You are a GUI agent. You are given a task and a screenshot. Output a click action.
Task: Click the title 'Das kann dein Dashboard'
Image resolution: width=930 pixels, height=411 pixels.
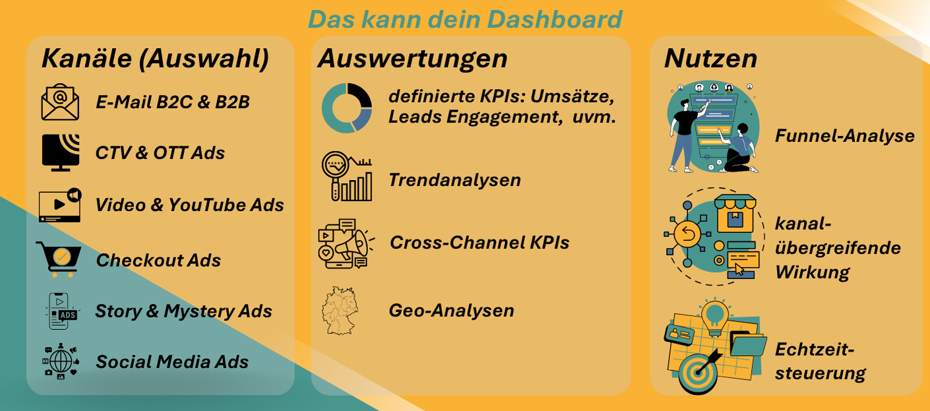[465, 19]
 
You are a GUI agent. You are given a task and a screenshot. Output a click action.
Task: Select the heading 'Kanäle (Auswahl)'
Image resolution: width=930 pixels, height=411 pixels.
[155, 58]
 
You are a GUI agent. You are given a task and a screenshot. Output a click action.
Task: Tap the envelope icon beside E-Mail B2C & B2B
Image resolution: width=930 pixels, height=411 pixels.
[60, 102]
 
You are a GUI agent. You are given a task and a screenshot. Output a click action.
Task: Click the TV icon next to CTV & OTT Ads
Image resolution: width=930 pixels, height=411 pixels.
[61, 152]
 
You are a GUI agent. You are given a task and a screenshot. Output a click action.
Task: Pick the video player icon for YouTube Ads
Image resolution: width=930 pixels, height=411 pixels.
[60, 205]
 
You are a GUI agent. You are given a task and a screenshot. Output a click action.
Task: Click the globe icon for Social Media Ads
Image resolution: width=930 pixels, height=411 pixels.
[61, 361]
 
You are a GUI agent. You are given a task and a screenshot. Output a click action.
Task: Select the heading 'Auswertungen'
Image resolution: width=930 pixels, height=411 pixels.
[413, 58]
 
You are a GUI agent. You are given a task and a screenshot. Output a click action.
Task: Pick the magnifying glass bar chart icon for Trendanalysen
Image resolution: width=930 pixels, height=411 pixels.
[347, 176]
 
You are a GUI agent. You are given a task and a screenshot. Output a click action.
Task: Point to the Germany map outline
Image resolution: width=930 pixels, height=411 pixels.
[340, 311]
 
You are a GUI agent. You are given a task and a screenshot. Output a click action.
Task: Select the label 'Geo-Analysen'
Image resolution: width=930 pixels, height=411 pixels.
[451, 311]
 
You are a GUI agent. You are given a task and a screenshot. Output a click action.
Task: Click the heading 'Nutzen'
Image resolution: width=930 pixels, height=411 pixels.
[711, 58]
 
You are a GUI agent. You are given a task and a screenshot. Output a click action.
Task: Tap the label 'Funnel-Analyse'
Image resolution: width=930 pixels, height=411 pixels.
[844, 136]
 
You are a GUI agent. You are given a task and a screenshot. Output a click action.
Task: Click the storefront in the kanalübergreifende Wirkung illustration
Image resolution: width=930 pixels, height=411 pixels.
[735, 214]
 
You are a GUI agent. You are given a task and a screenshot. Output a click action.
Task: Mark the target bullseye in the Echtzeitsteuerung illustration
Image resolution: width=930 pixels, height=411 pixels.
[698, 373]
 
